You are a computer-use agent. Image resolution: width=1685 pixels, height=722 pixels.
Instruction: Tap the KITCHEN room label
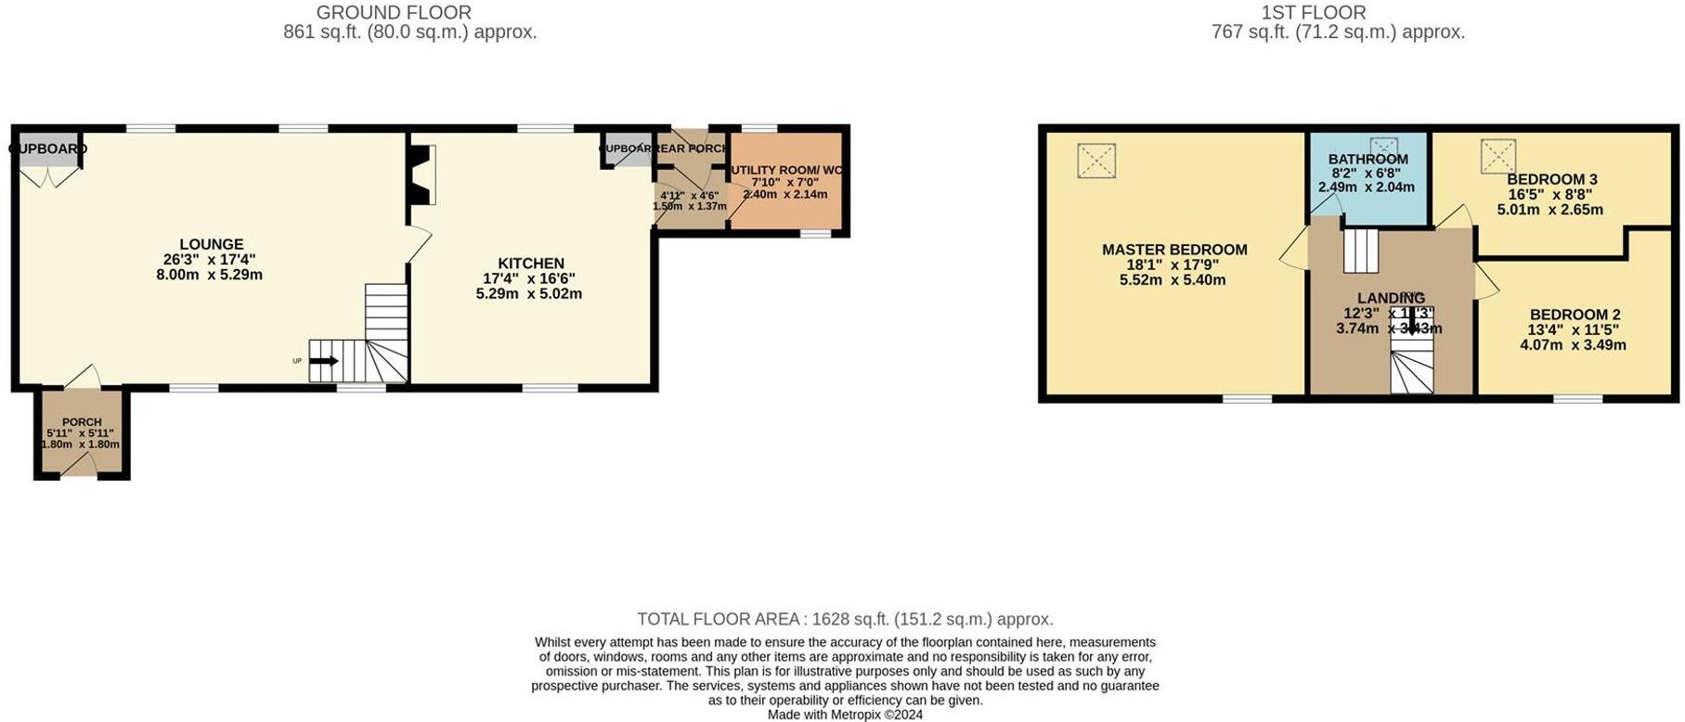pyautogui.click(x=530, y=264)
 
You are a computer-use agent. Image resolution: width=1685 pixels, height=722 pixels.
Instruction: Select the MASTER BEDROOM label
pyautogui.click(x=1174, y=250)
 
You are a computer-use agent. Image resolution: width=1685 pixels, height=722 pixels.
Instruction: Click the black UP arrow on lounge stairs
pyautogui.click(x=324, y=361)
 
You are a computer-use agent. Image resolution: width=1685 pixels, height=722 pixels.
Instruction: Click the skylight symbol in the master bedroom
pyautogui.click(x=1095, y=161)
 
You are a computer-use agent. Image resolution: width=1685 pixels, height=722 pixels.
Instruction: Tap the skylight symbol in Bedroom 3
pyautogui.click(x=1497, y=156)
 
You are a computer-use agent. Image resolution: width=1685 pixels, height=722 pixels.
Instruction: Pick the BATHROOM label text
pyautogui.click(x=1367, y=160)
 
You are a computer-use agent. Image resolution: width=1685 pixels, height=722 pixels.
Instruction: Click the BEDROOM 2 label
pyautogui.click(x=1575, y=315)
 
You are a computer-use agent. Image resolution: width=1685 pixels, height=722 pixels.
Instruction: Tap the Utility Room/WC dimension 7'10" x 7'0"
pyautogui.click(x=784, y=183)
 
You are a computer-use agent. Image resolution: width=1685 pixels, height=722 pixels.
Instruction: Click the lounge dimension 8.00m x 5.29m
pyautogui.click(x=209, y=275)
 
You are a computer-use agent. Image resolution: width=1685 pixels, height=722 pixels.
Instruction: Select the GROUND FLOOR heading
pyautogui.click(x=394, y=13)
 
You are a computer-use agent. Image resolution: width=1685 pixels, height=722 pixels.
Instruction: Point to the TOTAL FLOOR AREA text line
pyautogui.click(x=845, y=619)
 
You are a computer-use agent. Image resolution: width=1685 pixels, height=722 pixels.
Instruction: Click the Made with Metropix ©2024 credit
pyautogui.click(x=845, y=715)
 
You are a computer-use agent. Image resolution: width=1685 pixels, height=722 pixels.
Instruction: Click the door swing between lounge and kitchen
pyautogui.click(x=418, y=243)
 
